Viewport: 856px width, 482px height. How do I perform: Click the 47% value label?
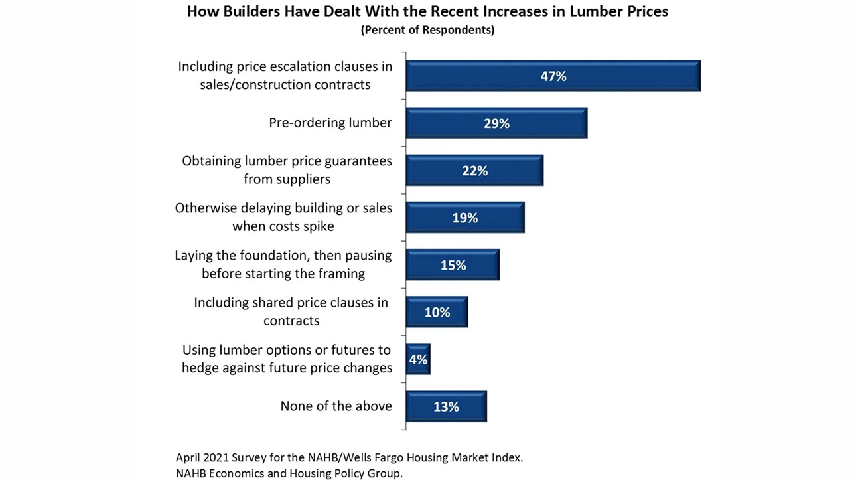[553, 76]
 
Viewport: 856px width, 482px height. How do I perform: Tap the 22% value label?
[474, 171]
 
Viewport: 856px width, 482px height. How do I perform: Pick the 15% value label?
[453, 265]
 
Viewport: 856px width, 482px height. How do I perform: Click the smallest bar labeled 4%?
[418, 359]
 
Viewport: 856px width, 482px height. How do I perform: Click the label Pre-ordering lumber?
[330, 123]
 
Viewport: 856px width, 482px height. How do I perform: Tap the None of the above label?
[336, 406]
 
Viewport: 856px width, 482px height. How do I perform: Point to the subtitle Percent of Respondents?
[427, 31]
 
